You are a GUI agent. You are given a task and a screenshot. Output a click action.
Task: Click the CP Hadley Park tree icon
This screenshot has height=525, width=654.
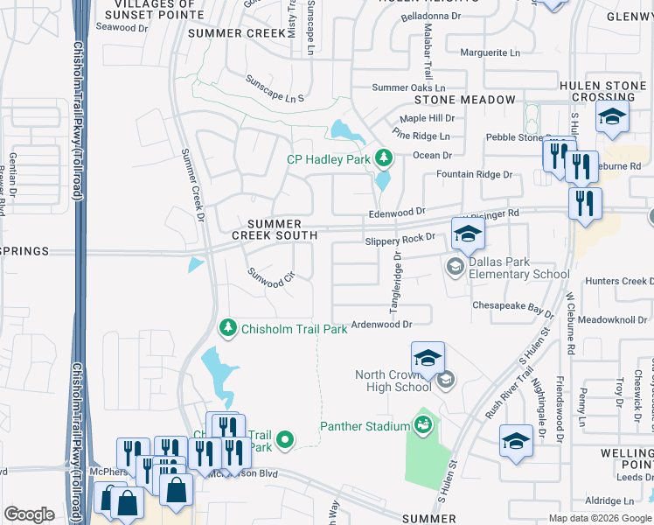point(382,158)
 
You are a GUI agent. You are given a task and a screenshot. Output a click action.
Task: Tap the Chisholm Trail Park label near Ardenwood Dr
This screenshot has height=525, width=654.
point(284,327)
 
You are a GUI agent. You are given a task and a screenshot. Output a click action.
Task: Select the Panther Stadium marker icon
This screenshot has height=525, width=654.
point(423,425)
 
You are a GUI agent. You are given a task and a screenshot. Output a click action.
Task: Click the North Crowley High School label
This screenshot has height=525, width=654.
point(393,381)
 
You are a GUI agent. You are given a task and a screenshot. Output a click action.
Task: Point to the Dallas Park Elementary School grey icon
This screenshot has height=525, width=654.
point(455,265)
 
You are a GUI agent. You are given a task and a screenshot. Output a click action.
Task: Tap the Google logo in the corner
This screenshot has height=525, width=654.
point(29,514)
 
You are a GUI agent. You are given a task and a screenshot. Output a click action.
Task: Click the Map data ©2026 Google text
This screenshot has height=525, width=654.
point(599,518)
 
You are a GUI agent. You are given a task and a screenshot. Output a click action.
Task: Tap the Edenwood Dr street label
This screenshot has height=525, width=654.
point(396,212)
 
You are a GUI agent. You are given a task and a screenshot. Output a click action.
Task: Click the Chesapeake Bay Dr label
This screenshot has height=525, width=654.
point(513,308)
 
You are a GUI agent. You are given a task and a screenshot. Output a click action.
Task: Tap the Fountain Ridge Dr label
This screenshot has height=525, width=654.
point(475,175)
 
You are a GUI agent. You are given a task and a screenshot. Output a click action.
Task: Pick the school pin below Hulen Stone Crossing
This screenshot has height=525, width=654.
point(612,117)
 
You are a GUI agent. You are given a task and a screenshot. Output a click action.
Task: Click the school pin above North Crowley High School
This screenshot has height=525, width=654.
point(428,357)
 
